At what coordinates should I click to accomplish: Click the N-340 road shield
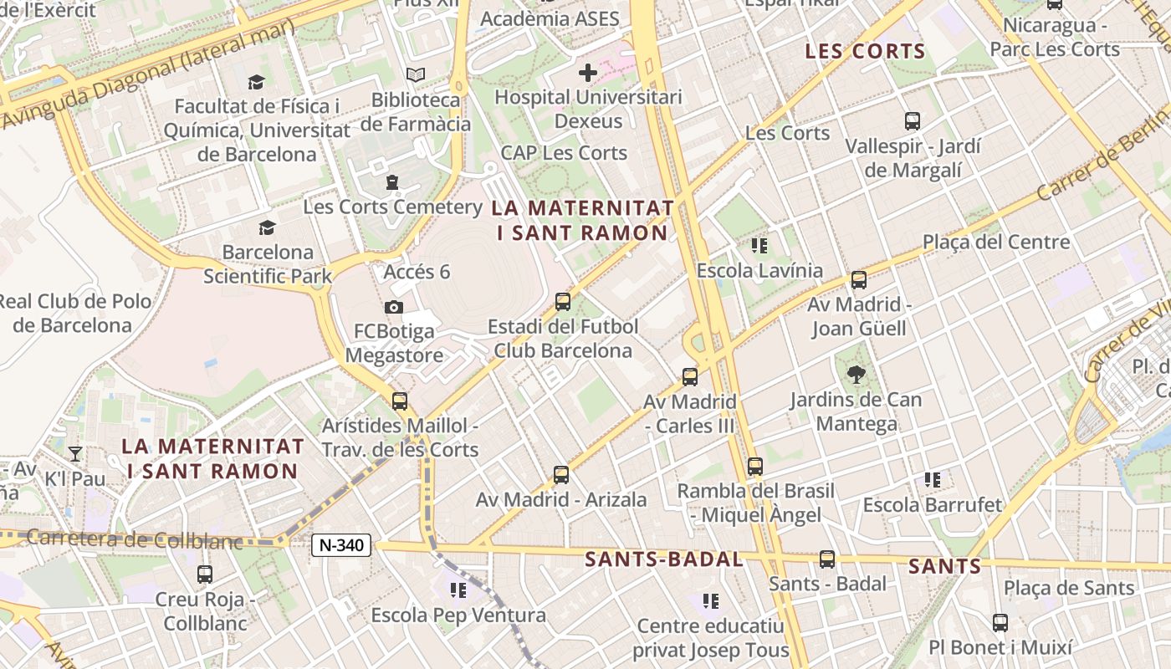click(341, 545)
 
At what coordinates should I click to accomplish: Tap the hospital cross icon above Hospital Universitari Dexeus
click(588, 73)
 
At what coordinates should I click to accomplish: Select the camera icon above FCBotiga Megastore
click(394, 308)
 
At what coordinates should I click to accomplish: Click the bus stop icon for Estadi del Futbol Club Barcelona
click(563, 302)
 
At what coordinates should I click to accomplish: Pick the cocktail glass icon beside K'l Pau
click(75, 454)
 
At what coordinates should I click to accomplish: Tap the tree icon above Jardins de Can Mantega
click(856, 375)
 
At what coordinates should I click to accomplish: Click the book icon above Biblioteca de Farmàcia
click(416, 75)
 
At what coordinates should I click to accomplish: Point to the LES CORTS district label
click(865, 52)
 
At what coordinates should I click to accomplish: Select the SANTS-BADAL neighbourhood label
click(664, 559)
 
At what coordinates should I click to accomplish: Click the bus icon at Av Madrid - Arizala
click(561, 475)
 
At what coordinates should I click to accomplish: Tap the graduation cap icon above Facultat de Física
click(256, 82)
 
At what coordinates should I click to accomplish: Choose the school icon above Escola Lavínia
click(759, 246)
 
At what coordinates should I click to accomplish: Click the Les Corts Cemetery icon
click(392, 182)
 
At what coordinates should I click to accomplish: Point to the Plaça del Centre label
click(996, 243)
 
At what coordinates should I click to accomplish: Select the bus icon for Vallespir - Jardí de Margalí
click(913, 121)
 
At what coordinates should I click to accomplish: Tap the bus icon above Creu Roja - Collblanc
click(205, 575)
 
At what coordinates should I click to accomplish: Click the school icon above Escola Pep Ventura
click(458, 590)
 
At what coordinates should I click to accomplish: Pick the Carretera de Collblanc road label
click(134, 539)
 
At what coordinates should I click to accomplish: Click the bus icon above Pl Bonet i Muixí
click(1000, 622)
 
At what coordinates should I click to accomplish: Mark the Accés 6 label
click(417, 272)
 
